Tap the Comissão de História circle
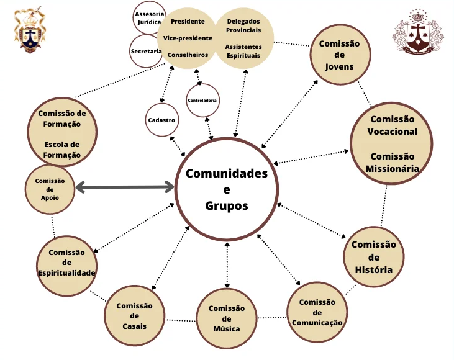pos(373,256)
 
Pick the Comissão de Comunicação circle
pos(317,312)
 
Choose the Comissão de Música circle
pos(227,318)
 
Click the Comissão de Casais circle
pos(134,315)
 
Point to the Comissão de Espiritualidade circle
pos(66,263)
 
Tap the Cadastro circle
pos(161,120)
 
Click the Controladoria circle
pos(202,101)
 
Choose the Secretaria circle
pos(147,52)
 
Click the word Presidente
pos(188,21)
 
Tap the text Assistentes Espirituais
pos(243,51)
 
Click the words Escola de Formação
pos(62,150)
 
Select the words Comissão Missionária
pos(392,162)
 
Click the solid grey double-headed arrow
pos(124,186)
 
